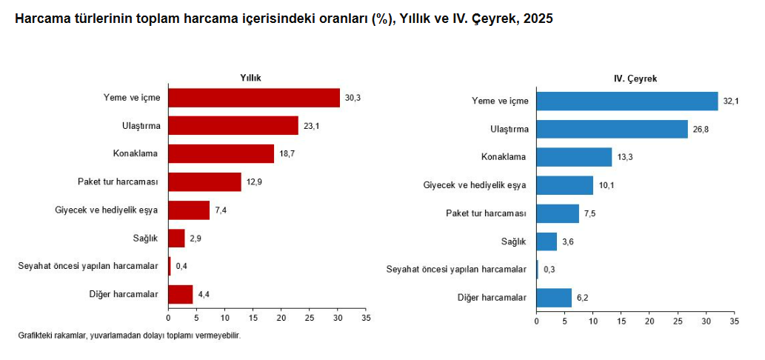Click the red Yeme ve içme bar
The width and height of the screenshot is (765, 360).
tap(254, 98)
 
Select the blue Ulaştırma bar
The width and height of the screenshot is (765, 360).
tap(612, 129)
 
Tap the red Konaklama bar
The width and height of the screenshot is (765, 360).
tap(221, 153)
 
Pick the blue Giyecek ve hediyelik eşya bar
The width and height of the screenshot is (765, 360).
tap(564, 185)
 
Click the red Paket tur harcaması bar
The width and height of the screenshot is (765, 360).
tap(204, 181)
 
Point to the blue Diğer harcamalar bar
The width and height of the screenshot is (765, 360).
tap(554, 298)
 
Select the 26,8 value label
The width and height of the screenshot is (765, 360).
tap(701, 129)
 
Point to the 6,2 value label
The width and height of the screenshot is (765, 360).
tap(584, 298)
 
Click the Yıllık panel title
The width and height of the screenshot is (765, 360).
tap(250, 77)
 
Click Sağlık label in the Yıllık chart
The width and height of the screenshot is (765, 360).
tap(144, 238)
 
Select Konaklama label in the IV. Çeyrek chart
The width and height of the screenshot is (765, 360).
tap(504, 157)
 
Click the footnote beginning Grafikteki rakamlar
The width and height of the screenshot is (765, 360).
tap(129, 336)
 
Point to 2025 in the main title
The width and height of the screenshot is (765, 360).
tap(538, 19)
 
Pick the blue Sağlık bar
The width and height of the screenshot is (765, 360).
tap(547, 241)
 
